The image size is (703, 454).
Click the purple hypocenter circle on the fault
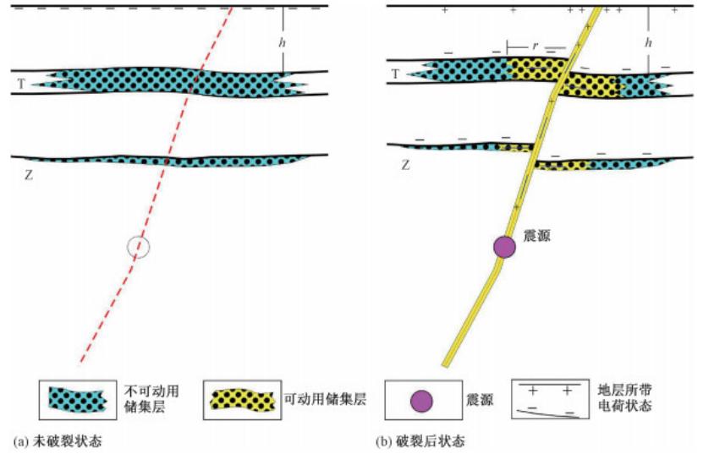pos(505,246)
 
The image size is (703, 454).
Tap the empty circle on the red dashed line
pos(139,247)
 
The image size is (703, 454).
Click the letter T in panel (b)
pos(394,75)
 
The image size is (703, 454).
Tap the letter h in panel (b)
pos(649,41)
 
